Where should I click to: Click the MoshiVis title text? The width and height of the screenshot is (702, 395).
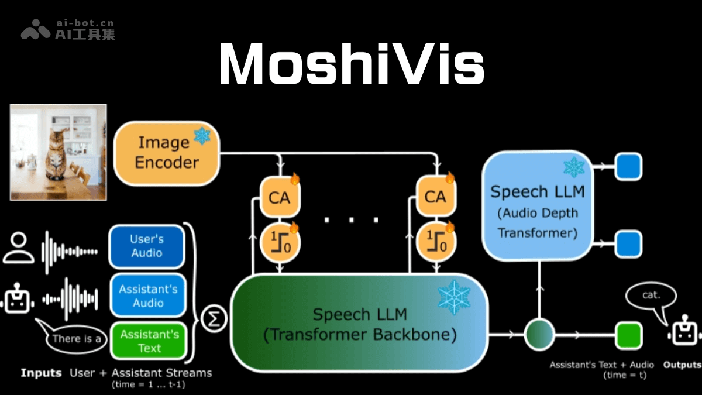351,64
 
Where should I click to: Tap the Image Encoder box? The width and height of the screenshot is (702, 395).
167,153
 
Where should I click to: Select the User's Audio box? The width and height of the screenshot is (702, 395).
147,246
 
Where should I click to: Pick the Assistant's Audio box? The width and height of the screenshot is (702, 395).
148,296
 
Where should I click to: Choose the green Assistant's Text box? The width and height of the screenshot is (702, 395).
149,341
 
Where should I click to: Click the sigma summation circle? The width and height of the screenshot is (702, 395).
214,320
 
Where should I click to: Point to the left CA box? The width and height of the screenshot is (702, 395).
279,197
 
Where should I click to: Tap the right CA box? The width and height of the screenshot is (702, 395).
435,197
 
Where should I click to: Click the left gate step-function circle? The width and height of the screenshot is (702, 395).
280,242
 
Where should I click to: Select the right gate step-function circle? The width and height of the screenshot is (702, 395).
435,242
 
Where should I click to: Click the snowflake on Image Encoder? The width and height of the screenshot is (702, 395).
202,136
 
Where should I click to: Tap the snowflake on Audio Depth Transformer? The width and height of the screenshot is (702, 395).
573,167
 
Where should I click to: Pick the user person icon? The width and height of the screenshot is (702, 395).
19,248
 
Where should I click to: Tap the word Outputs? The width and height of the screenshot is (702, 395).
682,365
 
